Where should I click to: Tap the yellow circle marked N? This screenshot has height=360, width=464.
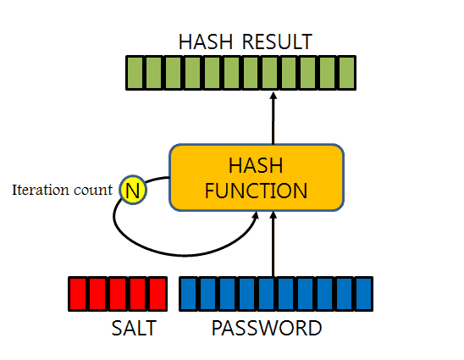[133, 191]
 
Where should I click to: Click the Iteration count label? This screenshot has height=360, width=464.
[62, 190]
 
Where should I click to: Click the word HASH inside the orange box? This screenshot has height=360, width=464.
[257, 164]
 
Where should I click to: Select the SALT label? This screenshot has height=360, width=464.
[134, 328]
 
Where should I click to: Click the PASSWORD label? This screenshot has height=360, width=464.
[267, 328]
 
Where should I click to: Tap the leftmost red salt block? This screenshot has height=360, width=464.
[78, 293]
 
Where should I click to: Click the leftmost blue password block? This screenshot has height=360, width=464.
[189, 293]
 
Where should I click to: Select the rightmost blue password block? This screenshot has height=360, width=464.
[363, 293]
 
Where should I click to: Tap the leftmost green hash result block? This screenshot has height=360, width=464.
[134, 72]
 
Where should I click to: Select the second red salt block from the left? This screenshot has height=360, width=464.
[98, 293]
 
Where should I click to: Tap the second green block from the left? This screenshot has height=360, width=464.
[153, 72]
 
